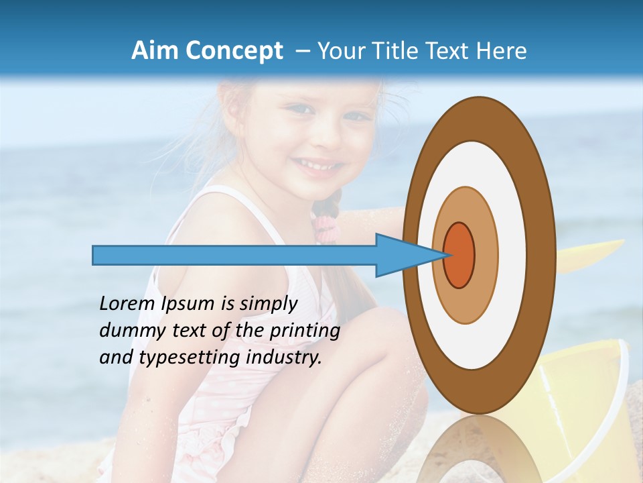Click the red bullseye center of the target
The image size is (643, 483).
click(x=459, y=255)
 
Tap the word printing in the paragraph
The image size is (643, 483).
click(x=304, y=331)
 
